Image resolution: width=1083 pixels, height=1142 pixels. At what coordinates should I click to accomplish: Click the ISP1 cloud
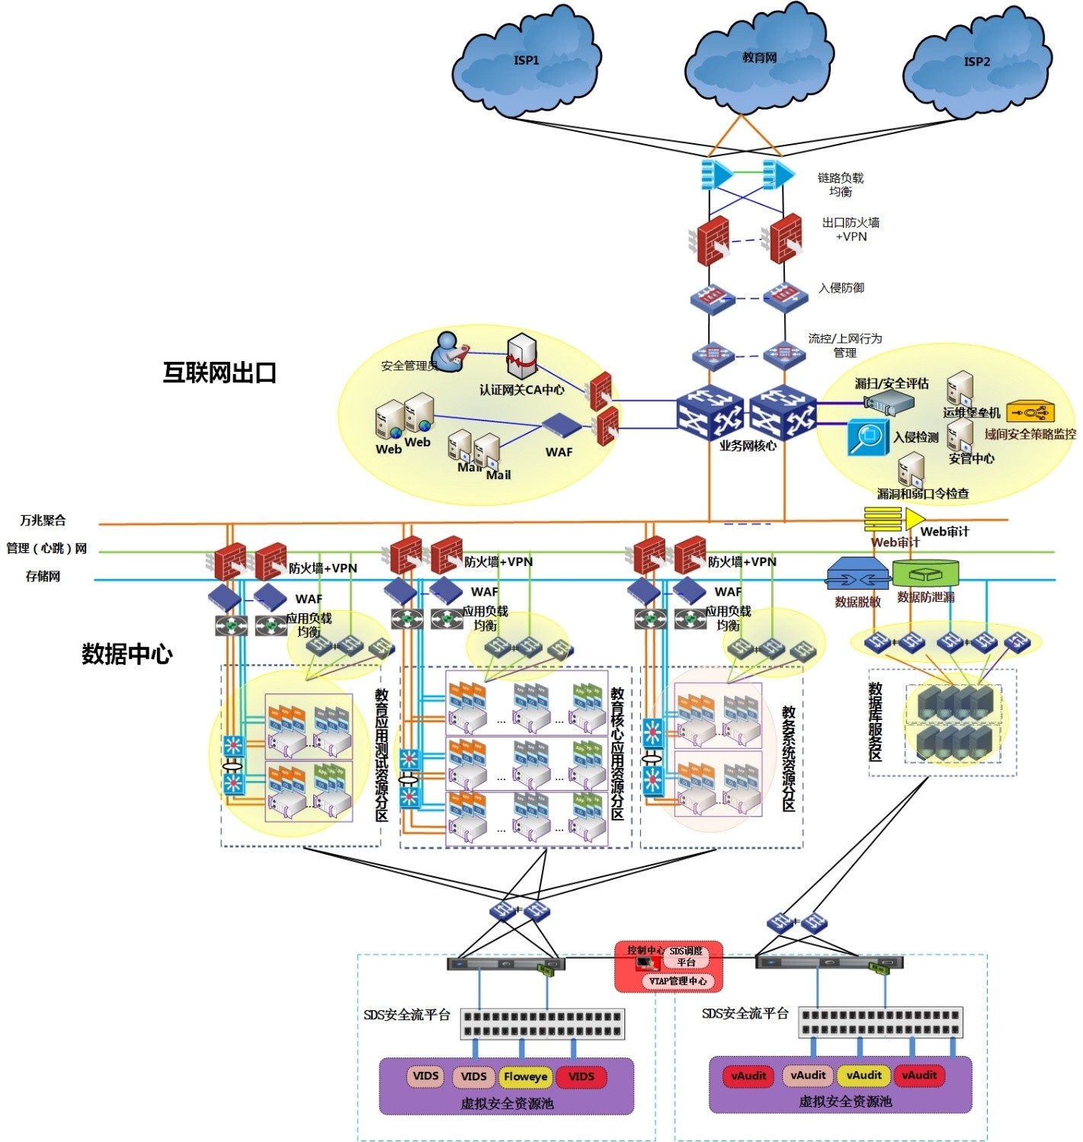click(527, 61)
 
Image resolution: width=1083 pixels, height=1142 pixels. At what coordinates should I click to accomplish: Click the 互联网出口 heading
click(219, 373)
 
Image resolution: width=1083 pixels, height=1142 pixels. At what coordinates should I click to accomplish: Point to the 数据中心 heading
click(127, 654)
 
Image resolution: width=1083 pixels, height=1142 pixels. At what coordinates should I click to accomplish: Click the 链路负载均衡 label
click(841, 184)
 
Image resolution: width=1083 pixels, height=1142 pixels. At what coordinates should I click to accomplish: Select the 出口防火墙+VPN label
click(851, 229)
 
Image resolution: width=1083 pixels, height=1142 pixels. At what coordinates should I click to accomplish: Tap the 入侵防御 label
click(841, 288)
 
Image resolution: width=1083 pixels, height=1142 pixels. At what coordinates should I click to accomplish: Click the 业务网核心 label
click(748, 446)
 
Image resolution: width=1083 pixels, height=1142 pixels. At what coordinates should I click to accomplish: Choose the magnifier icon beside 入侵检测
click(869, 437)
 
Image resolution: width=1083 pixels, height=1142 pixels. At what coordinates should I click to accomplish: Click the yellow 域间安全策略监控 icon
click(1030, 412)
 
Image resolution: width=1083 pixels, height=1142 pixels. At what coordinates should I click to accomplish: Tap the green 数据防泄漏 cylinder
click(925, 573)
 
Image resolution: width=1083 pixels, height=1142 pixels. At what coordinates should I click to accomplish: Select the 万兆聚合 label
click(43, 520)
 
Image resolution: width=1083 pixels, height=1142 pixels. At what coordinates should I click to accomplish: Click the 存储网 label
click(43, 576)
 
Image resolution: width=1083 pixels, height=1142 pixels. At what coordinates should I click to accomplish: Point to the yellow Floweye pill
click(525, 1076)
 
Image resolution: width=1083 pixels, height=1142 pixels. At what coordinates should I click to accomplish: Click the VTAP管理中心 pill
click(678, 980)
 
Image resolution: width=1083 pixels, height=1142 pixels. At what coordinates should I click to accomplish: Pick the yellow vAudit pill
click(864, 1075)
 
